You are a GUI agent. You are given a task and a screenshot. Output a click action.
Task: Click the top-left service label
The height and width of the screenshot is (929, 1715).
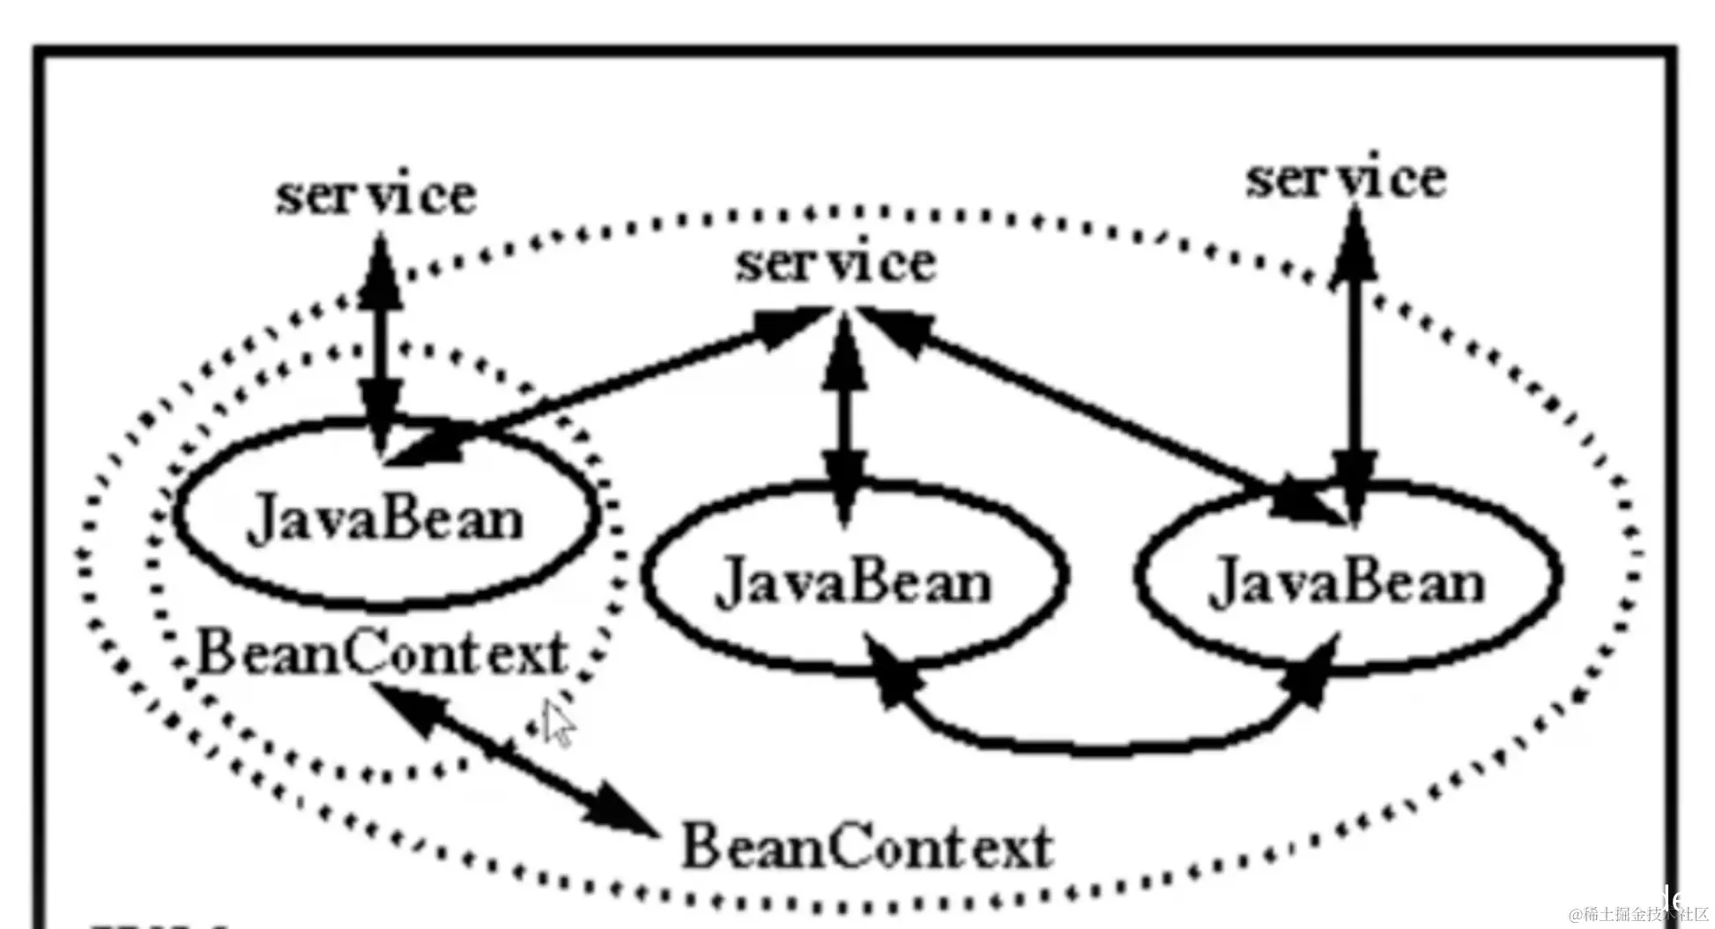[x=376, y=196]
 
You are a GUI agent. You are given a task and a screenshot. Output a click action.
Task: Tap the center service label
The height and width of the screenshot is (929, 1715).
[x=835, y=264]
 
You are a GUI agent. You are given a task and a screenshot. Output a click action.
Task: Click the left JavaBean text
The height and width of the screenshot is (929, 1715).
[x=386, y=519]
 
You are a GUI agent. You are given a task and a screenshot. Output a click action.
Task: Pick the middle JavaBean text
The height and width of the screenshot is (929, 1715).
[x=853, y=583]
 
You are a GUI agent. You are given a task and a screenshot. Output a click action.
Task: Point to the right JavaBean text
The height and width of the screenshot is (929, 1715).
[x=1347, y=583]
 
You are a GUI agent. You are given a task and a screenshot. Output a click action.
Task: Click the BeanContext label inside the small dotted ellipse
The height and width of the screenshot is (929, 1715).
[x=382, y=654]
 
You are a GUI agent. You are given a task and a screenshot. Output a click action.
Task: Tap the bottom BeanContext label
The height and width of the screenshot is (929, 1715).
[x=867, y=847]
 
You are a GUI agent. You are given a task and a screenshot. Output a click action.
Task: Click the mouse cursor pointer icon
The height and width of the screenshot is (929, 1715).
[x=557, y=723]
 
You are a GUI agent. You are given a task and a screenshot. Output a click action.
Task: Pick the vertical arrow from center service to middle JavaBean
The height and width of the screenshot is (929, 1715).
[x=845, y=414]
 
